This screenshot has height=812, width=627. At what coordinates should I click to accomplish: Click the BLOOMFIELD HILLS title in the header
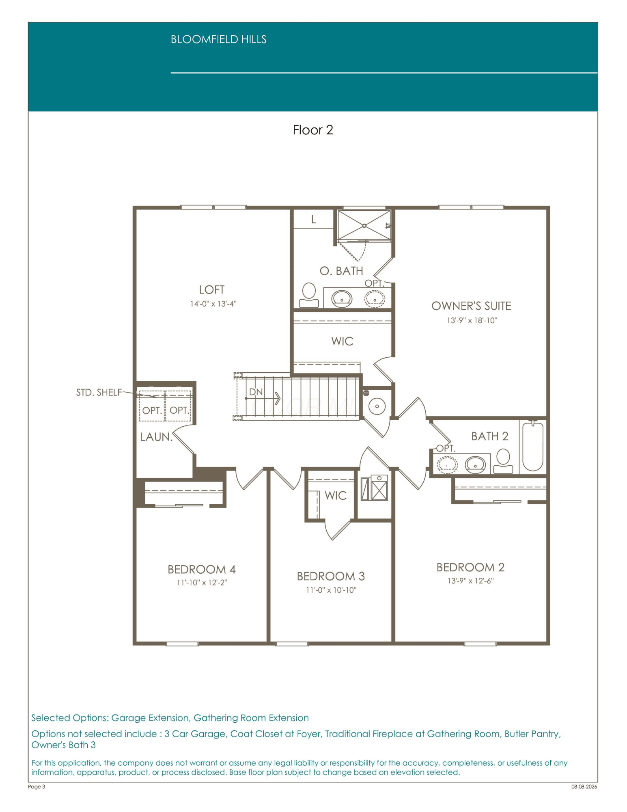[218, 39]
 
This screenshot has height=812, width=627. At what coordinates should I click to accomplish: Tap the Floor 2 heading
[313, 130]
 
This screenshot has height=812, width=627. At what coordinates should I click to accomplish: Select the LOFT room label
[211, 289]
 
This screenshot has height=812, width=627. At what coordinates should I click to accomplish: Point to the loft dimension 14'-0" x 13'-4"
[213, 304]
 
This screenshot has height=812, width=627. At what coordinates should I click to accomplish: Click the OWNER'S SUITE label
[471, 306]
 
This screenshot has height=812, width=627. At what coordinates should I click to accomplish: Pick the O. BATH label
[341, 271]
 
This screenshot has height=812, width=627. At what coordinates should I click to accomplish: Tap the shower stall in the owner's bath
[364, 225]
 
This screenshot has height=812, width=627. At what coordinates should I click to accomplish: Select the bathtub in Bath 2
[533, 446]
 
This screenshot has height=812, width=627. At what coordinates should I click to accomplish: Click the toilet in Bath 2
[503, 461]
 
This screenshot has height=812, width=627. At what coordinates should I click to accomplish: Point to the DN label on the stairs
[256, 392]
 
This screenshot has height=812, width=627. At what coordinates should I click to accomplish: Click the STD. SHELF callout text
[99, 392]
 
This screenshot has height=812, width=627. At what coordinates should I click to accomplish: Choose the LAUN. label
[156, 437]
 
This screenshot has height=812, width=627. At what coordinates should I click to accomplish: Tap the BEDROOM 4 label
[202, 569]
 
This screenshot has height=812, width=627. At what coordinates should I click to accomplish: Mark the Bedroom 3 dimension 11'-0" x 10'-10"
[331, 590]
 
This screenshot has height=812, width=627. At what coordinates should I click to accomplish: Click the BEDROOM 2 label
[470, 567]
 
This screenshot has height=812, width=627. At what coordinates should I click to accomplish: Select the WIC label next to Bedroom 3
[336, 495]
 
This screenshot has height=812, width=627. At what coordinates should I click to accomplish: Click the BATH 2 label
[489, 436]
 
